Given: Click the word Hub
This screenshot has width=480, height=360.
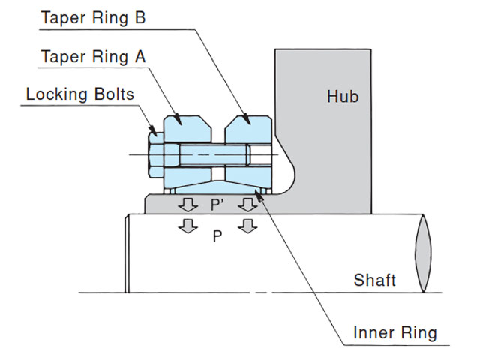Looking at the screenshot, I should coord(343,96).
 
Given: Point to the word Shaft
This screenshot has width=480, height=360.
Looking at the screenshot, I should coord(375,280).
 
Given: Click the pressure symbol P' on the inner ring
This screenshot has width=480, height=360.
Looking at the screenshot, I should coord(217,204).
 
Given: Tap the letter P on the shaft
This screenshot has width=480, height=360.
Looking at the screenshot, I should coord(217,235).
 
